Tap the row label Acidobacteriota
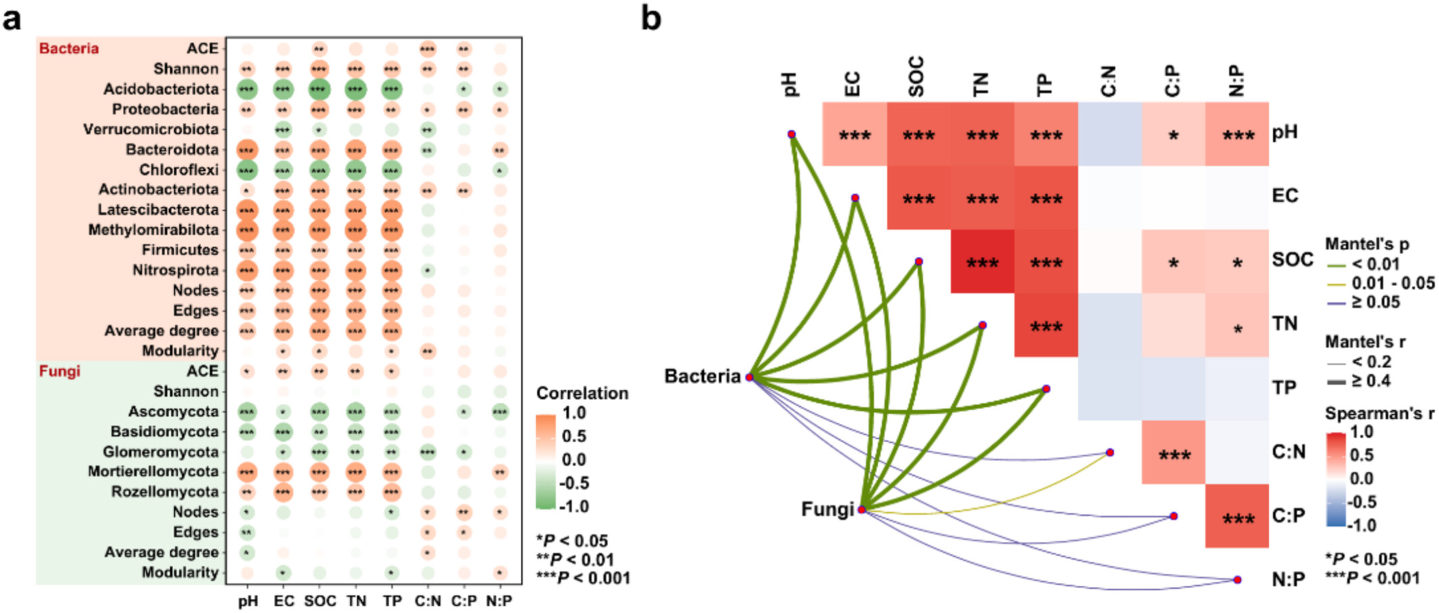(x=161, y=89)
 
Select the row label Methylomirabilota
(x=154, y=230)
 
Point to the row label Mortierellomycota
(x=153, y=472)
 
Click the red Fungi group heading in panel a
(x=60, y=371)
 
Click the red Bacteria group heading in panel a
(x=69, y=49)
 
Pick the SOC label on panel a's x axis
(x=320, y=601)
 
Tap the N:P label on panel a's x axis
(x=499, y=601)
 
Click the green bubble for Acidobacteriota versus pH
(x=247, y=89)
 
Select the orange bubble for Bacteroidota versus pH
(x=247, y=149)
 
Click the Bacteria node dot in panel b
(x=749, y=377)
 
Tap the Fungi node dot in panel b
(x=862, y=509)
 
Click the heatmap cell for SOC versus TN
(x=982, y=262)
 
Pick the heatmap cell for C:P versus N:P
(x=1237, y=516)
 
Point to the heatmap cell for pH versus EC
(x=855, y=134)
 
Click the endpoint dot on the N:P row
(x=1237, y=579)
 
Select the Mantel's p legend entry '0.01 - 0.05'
(x=1392, y=283)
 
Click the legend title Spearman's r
(x=1379, y=413)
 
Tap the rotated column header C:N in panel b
(x=1108, y=81)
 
